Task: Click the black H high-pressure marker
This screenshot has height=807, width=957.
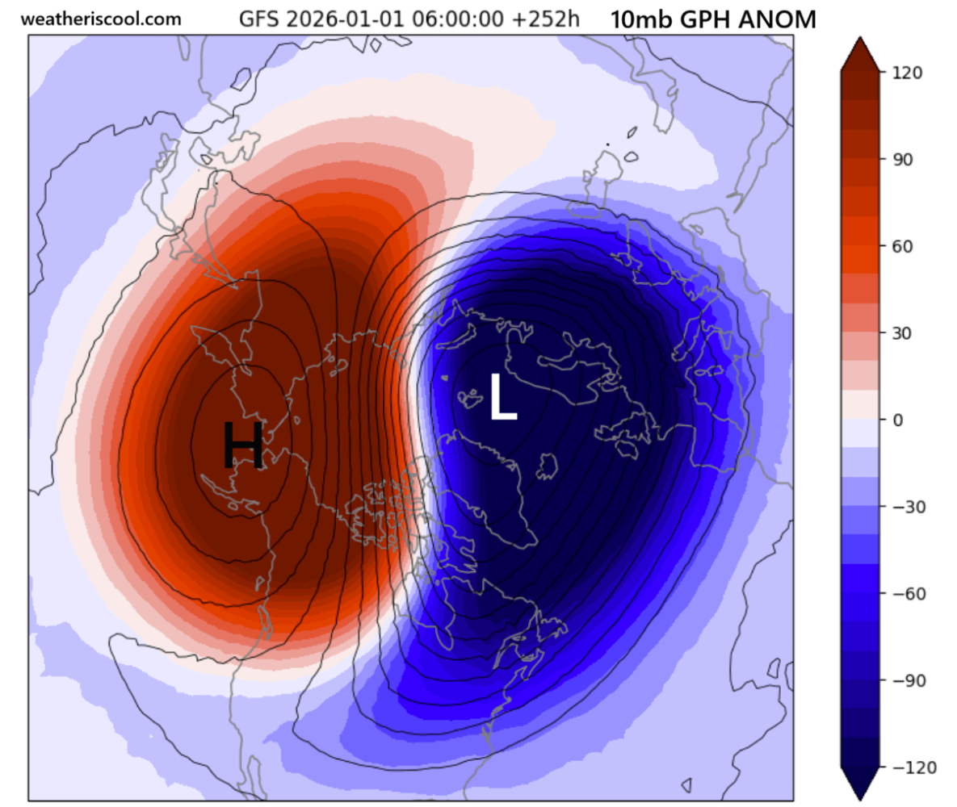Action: coord(243,445)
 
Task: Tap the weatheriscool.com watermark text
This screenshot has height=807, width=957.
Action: coord(101,19)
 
